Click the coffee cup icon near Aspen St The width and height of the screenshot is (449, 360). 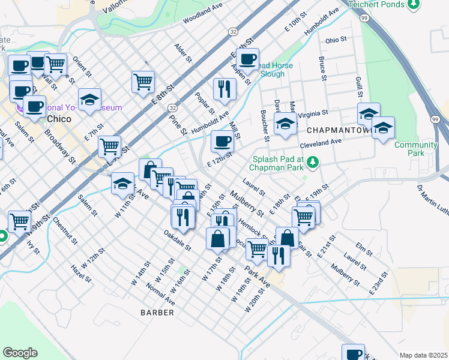tap(247, 59)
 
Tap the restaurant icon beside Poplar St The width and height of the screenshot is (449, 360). tap(224, 89)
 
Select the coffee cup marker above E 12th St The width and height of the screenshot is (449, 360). tap(222, 142)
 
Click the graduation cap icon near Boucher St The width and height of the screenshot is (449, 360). tap(285, 124)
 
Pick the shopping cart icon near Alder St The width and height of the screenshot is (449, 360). tap(143, 81)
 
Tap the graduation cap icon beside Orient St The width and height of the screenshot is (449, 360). tap(89, 100)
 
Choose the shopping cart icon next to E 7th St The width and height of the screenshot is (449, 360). tap(109, 146)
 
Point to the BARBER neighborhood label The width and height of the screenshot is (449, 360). tap(157, 313)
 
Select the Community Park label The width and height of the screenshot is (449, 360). tap(415, 149)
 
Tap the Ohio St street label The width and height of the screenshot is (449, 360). tap(337, 40)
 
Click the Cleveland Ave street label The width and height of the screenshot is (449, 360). tap(321, 142)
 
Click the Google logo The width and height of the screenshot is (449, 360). tap(20, 353)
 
